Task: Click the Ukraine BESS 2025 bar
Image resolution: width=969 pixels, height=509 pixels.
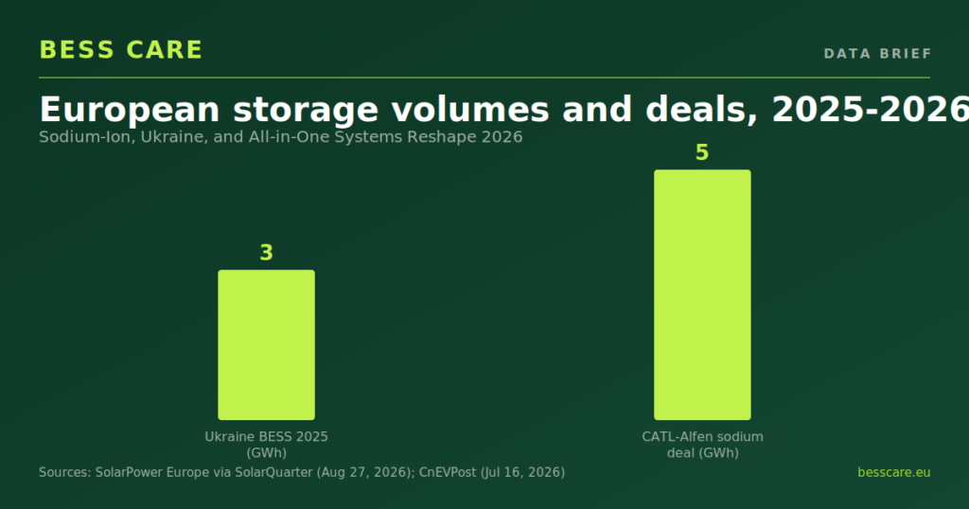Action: tap(266, 344)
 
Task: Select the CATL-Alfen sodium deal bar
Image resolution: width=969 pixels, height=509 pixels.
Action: tap(703, 294)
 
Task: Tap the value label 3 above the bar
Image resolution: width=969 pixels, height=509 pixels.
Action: tap(266, 253)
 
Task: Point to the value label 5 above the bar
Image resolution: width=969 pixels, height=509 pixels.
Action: tap(702, 152)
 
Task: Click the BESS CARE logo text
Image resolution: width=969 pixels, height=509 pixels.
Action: tap(121, 50)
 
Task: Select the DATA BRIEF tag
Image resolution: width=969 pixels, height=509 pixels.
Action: tap(877, 54)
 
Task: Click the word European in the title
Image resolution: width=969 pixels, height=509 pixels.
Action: tap(130, 110)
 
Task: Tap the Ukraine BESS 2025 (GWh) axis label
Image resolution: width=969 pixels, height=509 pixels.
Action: tap(266, 445)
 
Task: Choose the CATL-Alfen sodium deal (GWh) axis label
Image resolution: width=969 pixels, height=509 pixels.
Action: tap(703, 445)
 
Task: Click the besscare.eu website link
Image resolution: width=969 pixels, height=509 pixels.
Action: tap(893, 472)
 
